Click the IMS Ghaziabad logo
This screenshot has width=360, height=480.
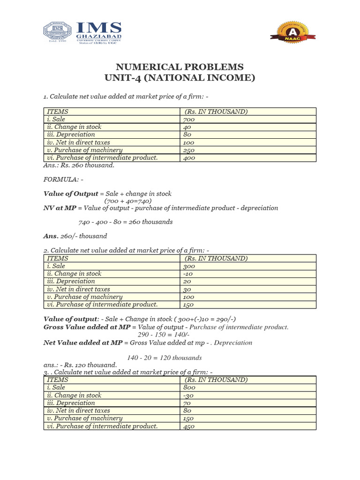pos(83,33)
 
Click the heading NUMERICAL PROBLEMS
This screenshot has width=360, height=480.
pos(180,67)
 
